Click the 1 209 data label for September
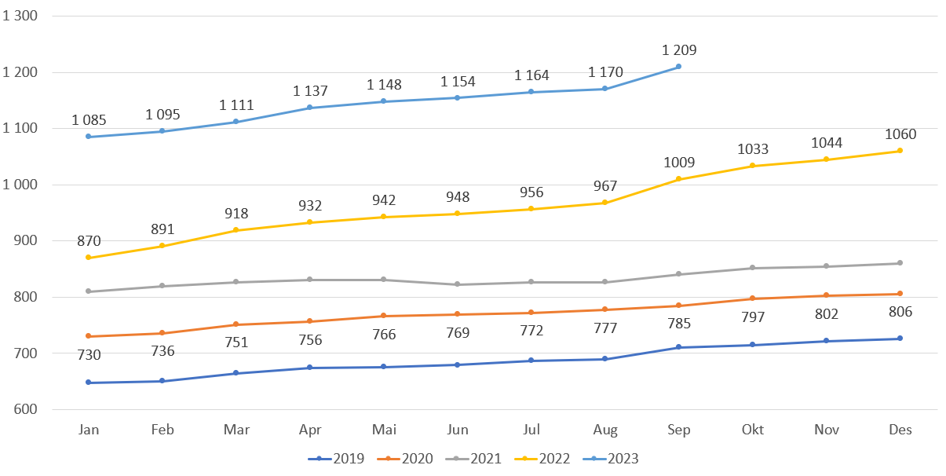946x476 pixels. click(x=679, y=50)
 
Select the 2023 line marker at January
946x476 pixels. click(x=89, y=137)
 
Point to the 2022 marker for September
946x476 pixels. click(x=679, y=179)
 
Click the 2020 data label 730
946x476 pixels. click(x=89, y=355)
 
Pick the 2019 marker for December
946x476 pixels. click(x=900, y=339)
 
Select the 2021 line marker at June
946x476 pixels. click(x=458, y=284)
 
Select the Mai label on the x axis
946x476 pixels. click(x=384, y=430)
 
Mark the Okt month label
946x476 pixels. click(x=753, y=430)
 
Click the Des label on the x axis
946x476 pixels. click(x=900, y=430)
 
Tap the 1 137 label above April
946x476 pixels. click(x=310, y=91)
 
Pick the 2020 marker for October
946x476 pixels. click(x=753, y=298)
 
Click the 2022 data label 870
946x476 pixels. click(x=89, y=241)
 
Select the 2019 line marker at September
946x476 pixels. click(x=679, y=347)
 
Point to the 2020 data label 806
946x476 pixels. click(x=900, y=312)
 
